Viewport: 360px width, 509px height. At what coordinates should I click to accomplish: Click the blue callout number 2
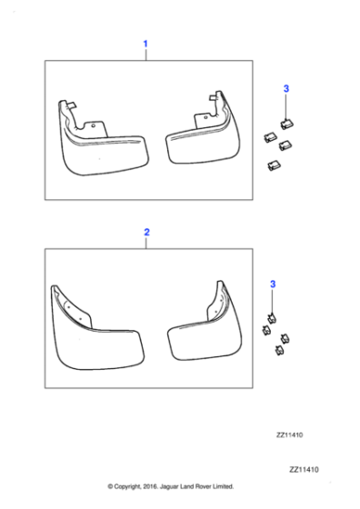(x=145, y=233)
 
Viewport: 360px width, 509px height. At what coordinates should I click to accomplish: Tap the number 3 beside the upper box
(x=286, y=88)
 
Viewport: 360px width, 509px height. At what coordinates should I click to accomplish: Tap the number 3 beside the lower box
(x=273, y=285)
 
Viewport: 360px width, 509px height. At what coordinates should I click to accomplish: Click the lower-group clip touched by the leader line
(x=272, y=319)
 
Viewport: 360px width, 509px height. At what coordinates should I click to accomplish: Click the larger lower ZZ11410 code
(x=307, y=470)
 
